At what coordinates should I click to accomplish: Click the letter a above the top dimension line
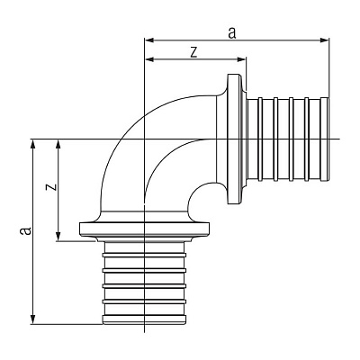(x=232, y=33)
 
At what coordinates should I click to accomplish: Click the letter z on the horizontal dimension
(x=194, y=52)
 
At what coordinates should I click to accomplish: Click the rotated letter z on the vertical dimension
(x=51, y=187)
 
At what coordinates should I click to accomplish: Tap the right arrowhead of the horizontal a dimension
(x=325, y=40)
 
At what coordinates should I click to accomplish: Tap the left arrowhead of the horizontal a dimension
(x=149, y=40)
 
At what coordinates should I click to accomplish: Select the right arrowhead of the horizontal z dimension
(x=242, y=59)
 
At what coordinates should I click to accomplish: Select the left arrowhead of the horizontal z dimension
(x=149, y=59)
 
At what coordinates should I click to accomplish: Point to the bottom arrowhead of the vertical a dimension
(x=33, y=319)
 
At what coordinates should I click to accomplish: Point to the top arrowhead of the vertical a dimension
(x=33, y=144)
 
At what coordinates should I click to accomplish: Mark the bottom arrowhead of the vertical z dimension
(x=58, y=236)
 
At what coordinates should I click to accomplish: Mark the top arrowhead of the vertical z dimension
(x=58, y=144)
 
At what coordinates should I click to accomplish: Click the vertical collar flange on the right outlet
(x=234, y=139)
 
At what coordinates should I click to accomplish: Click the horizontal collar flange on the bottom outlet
(x=144, y=229)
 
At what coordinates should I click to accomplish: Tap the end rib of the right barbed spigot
(x=325, y=139)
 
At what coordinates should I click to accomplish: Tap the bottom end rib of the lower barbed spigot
(x=144, y=319)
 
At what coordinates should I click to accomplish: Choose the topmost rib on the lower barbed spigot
(x=144, y=256)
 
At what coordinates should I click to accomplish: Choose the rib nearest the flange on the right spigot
(x=260, y=139)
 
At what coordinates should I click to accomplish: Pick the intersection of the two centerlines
(x=145, y=139)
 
